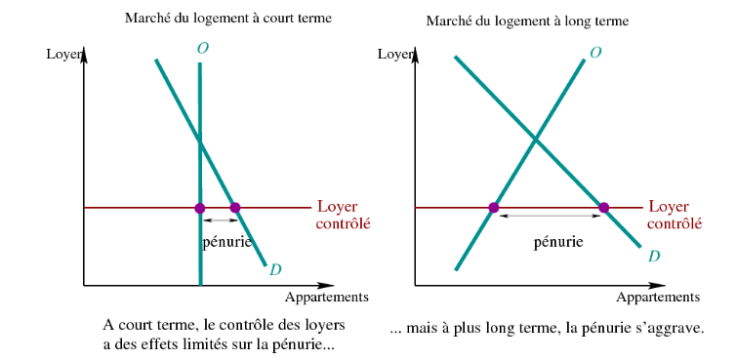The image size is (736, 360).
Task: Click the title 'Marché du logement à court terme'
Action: coord(228,19)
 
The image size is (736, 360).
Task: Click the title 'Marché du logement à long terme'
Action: coord(527,21)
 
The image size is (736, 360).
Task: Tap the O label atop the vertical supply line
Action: coord(203,49)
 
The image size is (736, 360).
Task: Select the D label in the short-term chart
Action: coord(275,270)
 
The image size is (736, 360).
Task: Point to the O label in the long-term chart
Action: coord(595,53)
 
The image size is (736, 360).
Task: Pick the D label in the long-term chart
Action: coord(654,257)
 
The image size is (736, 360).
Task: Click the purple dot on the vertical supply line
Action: coord(200,208)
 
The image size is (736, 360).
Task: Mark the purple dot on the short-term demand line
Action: coord(235,208)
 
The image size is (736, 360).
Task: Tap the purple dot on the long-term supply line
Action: coord(493,208)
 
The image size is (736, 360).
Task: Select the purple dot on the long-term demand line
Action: coord(604,208)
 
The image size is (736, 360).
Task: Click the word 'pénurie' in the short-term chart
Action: coord(226,243)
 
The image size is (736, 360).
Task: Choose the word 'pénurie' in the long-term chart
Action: coord(558,243)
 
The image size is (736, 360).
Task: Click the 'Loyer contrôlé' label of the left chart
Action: coord(344,215)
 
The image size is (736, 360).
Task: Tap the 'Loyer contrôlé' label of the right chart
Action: coord(675,215)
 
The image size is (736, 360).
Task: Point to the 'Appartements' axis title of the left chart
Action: coord(327,298)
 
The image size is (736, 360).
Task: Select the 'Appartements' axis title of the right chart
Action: coord(658,298)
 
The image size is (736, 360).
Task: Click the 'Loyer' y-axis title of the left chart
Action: coord(64,55)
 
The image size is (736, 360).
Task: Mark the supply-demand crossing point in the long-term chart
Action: coord(536,139)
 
